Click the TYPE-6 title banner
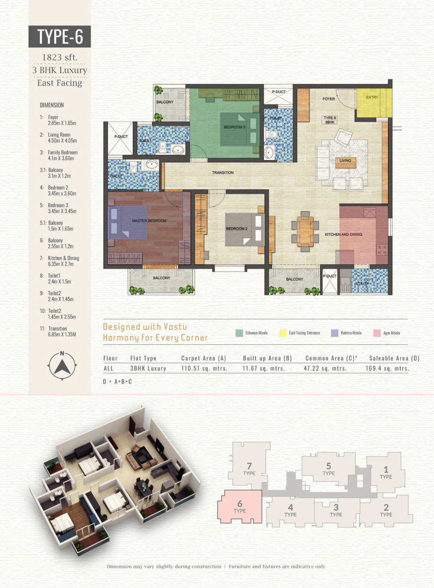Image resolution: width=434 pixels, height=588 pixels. [59, 36]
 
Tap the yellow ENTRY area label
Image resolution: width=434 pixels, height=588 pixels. [372, 97]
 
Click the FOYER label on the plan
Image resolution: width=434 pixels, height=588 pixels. [329, 99]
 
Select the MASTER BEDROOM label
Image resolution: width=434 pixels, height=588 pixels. [149, 221]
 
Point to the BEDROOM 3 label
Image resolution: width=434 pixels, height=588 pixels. [234, 127]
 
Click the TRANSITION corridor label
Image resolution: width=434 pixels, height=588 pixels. [223, 172]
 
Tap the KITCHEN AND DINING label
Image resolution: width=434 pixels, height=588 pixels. [343, 235]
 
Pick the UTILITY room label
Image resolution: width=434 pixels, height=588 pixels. [362, 283]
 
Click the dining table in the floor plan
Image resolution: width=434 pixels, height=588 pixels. [305, 231]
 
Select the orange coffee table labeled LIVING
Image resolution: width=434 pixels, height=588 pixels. [345, 163]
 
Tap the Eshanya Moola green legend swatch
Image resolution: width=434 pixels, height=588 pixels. [239, 333]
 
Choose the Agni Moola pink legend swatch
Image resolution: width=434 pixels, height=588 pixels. [377, 333]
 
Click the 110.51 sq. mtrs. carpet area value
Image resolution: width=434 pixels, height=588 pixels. [204, 368]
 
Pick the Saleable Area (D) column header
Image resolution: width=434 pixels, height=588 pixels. [394, 358]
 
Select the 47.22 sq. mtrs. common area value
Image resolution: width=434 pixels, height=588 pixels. [325, 368]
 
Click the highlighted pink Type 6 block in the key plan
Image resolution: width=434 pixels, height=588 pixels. [240, 507]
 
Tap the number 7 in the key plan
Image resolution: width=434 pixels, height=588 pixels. [249, 466]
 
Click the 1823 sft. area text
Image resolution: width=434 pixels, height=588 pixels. [59, 57]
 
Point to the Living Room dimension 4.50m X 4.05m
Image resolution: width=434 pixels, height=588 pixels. [62, 141]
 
